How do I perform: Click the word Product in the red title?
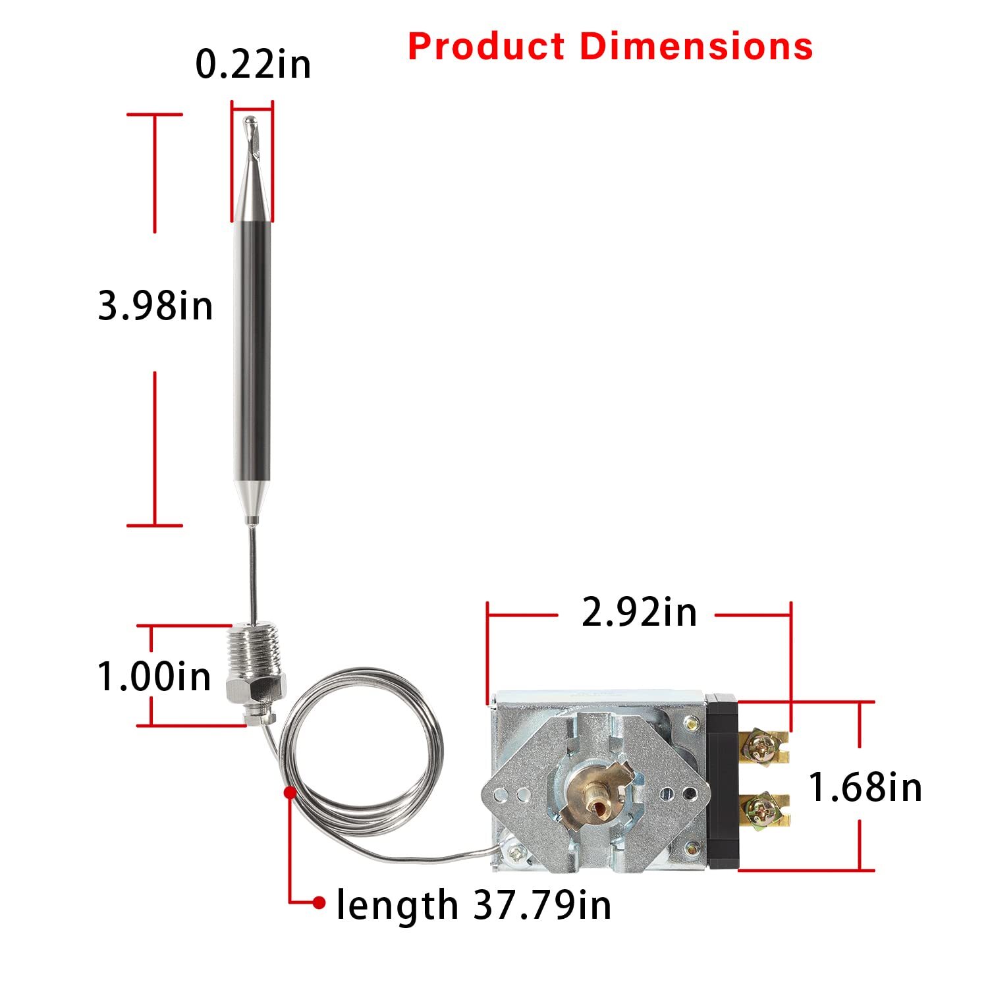click(486, 47)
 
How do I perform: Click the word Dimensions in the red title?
click(696, 47)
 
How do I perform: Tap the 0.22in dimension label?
click(253, 65)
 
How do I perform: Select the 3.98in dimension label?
click(155, 306)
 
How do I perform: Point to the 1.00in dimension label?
click(154, 676)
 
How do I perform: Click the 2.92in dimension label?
click(639, 613)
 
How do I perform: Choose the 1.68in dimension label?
click(865, 787)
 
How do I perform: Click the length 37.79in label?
click(474, 904)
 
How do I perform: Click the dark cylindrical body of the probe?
click(252, 349)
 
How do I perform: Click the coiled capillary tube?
click(361, 751)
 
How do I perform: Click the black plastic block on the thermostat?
click(723, 781)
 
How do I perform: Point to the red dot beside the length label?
click(319, 902)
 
